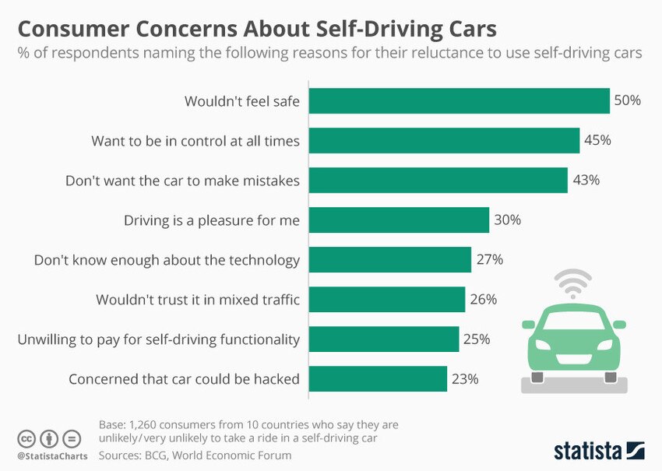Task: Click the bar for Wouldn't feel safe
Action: (x=460, y=101)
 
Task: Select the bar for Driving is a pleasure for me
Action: (x=400, y=220)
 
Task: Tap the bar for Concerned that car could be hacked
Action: (x=379, y=379)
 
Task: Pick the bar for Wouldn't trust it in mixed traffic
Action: (x=387, y=300)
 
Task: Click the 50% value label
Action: (x=627, y=101)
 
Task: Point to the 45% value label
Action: (x=597, y=141)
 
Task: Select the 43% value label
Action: (x=585, y=181)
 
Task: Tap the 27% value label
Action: (x=488, y=260)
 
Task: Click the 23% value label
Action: (x=464, y=379)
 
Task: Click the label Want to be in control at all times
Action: (x=195, y=141)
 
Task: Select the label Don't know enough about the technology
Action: (x=167, y=260)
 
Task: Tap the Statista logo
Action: (x=599, y=450)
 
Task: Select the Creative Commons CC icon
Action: (x=27, y=438)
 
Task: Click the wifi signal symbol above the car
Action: (x=573, y=284)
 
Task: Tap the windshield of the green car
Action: (x=574, y=319)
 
